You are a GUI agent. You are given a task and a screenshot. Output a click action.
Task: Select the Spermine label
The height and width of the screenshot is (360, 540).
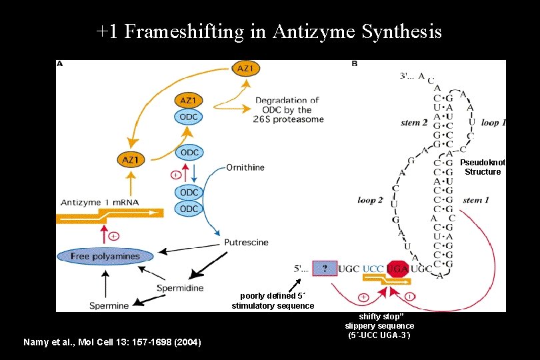pyautogui.click(x=109, y=306)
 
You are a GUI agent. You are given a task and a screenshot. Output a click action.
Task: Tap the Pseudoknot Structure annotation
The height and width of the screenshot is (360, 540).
pyautogui.click(x=483, y=167)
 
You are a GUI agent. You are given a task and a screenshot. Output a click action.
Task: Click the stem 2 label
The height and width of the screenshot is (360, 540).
pyautogui.click(x=414, y=123)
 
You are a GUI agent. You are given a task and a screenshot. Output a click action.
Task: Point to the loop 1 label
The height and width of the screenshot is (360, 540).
pyautogui.click(x=493, y=123)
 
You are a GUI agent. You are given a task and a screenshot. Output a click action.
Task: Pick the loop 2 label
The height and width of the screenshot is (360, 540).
pyautogui.click(x=370, y=199)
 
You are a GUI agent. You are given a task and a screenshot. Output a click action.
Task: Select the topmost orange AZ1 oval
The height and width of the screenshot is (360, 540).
pyautogui.click(x=245, y=68)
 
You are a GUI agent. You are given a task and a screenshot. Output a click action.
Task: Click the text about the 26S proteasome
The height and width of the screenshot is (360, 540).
pyautogui.click(x=289, y=110)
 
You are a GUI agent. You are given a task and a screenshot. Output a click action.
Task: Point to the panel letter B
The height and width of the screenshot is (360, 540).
pyautogui.click(x=354, y=64)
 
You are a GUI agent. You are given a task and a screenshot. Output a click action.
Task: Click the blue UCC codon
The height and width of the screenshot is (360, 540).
pyautogui.click(x=373, y=269)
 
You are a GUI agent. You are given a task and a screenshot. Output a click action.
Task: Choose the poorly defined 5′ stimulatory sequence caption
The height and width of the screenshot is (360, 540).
pyautogui.click(x=273, y=301)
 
